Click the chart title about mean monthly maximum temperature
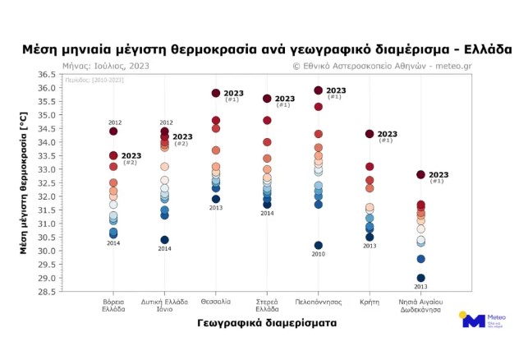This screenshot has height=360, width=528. pos(272,49)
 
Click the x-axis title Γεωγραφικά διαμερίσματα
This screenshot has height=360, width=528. pos(267,324)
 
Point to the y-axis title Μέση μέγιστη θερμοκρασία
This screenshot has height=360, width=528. pos(25,182)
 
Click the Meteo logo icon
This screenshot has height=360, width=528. pos(474,321)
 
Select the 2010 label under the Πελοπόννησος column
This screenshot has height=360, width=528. pos(319,255)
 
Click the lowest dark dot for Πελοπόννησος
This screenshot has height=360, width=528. pos(319,246)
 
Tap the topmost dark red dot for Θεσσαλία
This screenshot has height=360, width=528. pos(216,94)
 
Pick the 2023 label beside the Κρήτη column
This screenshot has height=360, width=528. pos(387,134)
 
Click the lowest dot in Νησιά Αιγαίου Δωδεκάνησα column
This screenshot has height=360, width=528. pos(421,278)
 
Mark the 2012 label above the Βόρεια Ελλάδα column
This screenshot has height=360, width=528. pos(113,122)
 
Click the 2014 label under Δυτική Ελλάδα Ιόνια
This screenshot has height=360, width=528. pos(165,248)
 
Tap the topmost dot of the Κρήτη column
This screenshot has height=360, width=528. pos(370,134)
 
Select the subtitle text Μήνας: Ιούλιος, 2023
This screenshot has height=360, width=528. pos(103,65)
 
